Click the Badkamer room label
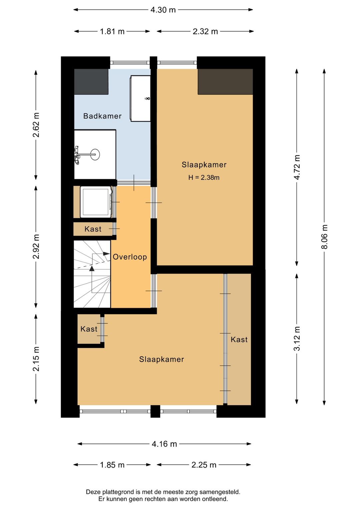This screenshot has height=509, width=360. [102, 116]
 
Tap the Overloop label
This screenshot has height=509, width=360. [130, 257]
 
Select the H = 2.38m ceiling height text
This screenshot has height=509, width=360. [204, 177]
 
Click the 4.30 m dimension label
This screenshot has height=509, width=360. [163, 10]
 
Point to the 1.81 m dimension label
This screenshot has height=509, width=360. [112, 31]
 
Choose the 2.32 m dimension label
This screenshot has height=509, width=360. [205, 31]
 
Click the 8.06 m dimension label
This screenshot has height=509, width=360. [325, 236]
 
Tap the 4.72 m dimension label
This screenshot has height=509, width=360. [297, 167]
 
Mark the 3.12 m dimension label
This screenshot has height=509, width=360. [297, 339]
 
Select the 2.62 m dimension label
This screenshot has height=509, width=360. [36, 125]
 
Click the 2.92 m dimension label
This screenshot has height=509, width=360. [36, 246]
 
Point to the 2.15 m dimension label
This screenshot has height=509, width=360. [36, 359]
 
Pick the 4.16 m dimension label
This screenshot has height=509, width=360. [164, 444]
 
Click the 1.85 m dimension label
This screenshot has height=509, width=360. [112, 465]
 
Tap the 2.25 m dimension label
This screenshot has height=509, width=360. [204, 465]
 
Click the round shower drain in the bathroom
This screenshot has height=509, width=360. [95, 154]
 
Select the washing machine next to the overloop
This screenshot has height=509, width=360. [96, 202]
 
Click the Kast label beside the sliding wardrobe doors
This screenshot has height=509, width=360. [239, 340]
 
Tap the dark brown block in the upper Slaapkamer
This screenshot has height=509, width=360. [225, 82]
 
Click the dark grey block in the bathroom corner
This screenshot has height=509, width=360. [91, 82]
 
